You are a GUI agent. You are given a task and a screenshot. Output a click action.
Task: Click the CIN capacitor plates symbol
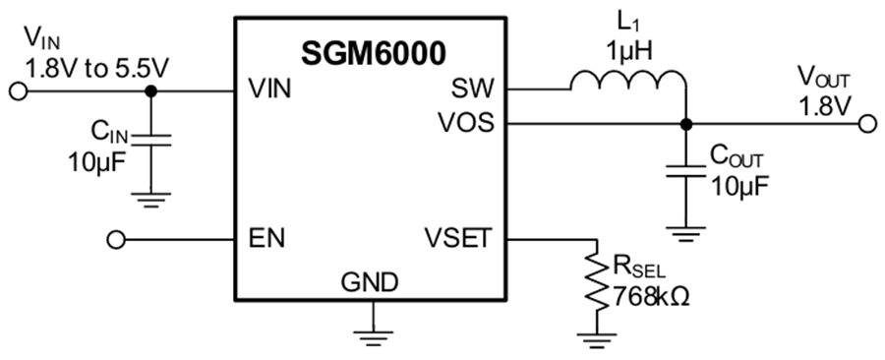coord(150,139)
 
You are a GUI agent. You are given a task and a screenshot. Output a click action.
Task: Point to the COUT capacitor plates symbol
coord(685,171)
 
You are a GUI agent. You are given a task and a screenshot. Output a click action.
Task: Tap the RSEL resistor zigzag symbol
coord(596,285)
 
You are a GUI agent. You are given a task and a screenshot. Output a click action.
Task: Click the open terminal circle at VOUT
coord(867,124)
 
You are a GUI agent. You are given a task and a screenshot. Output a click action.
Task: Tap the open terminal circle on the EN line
coord(116,239)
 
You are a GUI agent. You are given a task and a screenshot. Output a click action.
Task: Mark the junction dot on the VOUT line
coord(685,124)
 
